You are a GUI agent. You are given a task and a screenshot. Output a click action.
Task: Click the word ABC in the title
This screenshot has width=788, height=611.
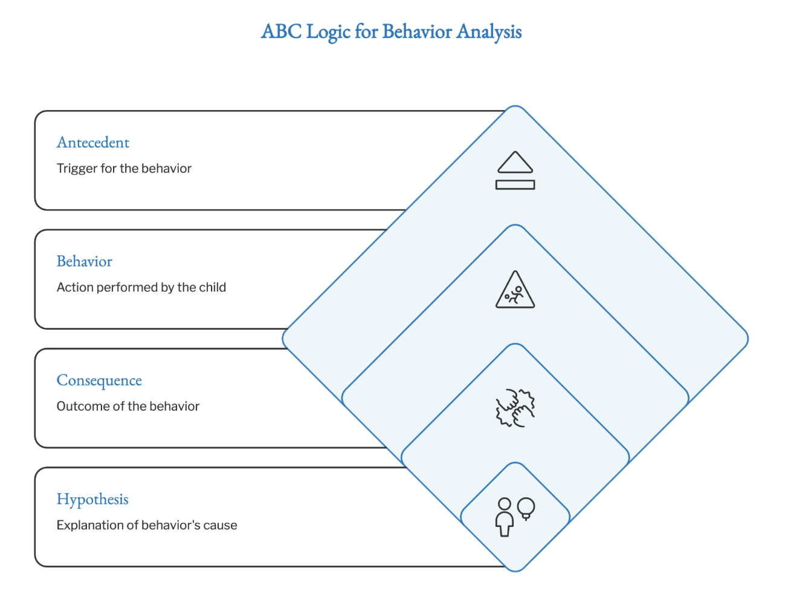click(x=281, y=31)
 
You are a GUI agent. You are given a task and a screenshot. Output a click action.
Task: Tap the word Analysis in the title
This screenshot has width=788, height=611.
click(x=489, y=31)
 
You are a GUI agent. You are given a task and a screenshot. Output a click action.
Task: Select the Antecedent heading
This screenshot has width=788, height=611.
click(x=93, y=143)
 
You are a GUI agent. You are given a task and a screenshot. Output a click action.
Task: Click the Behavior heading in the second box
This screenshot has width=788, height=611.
click(x=85, y=261)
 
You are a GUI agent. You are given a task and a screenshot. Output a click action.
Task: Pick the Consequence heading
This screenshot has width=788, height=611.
click(x=99, y=381)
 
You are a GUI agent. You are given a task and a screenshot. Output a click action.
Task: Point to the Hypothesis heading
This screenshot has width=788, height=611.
click(x=92, y=500)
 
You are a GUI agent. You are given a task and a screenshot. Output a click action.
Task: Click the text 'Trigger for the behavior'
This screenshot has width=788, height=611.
click(x=124, y=168)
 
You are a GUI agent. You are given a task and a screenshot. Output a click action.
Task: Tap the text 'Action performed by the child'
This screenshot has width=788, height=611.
click(x=141, y=287)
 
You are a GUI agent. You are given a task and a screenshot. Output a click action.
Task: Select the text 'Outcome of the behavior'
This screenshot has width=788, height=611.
click(x=128, y=407)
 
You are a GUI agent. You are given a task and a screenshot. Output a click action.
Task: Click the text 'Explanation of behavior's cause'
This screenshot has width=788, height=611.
click(x=147, y=525)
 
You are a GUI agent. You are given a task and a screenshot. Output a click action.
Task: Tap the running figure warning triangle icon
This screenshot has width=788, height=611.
click(x=515, y=290)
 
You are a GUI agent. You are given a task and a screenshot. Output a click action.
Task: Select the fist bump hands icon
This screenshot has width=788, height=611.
click(x=515, y=408)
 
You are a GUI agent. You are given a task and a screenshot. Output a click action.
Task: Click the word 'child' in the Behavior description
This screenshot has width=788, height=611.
click(x=213, y=287)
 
